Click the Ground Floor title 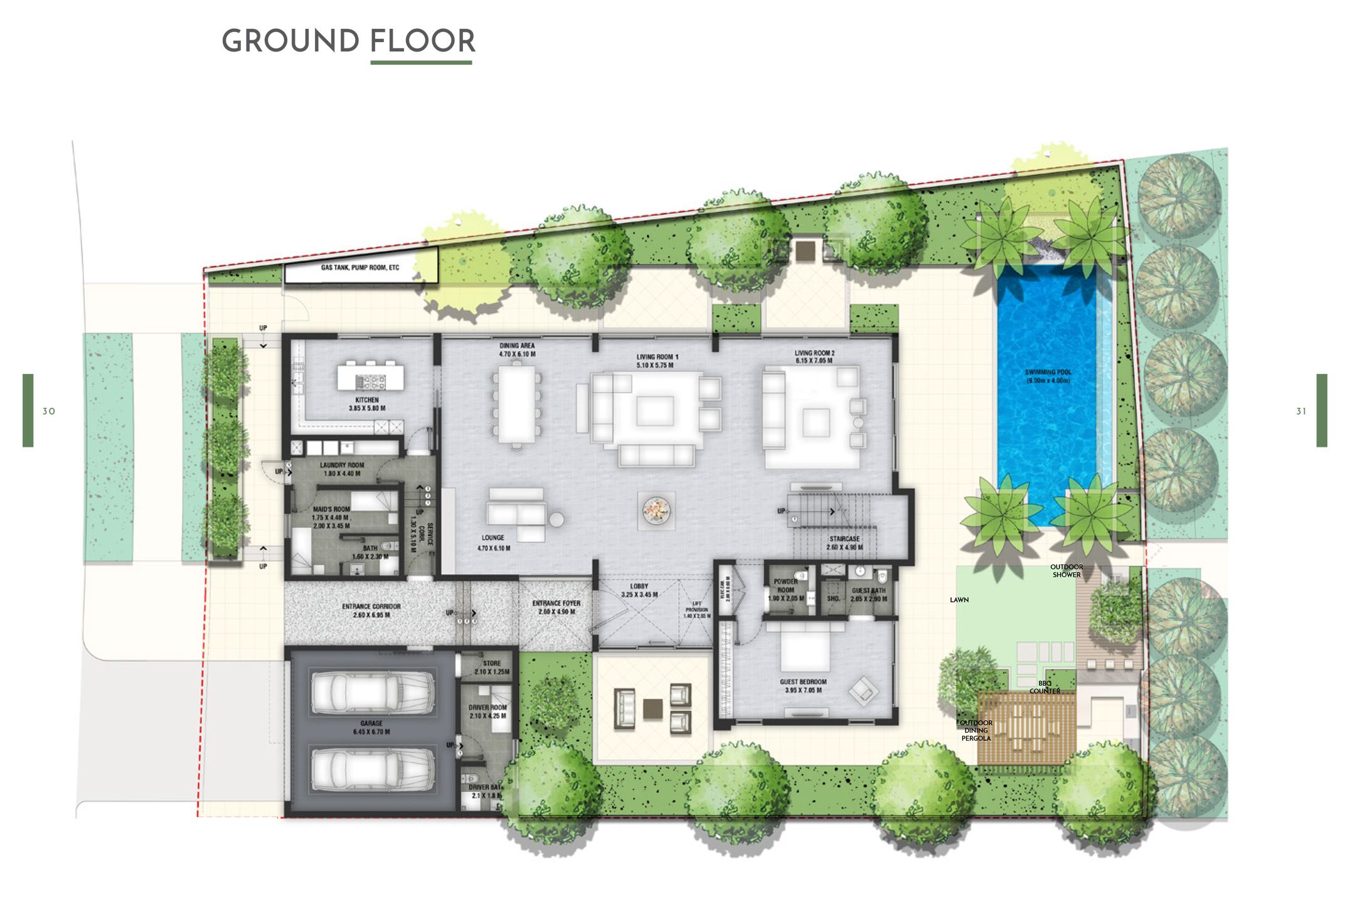pos(348,41)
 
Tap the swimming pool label pos(1048,376)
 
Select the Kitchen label pos(367,404)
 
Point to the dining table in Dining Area pos(517,405)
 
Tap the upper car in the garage pos(373,693)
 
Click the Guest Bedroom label pos(803,686)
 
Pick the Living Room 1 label pos(657,361)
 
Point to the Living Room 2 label pos(814,357)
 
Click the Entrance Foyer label pos(556,607)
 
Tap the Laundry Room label pos(342,469)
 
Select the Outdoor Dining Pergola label pos(976,730)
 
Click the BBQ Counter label pos(1044,687)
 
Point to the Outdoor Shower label pos(1066,571)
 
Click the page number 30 pos(49,412)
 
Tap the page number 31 pos(1301,412)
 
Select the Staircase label pos(844,543)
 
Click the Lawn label pos(959,600)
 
